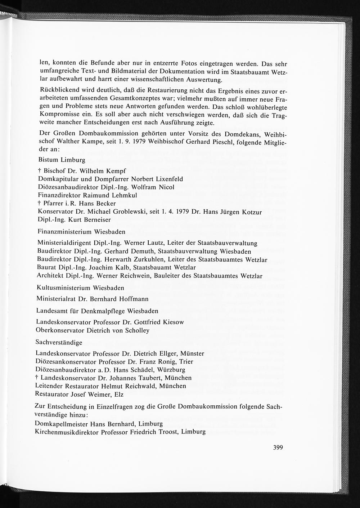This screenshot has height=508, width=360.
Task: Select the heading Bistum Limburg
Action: (x=62, y=160)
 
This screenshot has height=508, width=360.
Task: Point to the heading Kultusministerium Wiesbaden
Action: (x=80, y=288)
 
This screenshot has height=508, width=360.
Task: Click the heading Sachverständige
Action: (x=59, y=342)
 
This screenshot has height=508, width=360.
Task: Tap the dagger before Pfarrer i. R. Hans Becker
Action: (x=39, y=203)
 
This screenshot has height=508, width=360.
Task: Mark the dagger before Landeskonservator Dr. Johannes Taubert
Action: (x=37, y=378)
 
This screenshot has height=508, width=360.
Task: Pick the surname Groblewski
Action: (x=129, y=212)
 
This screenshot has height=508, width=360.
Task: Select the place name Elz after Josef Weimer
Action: (x=119, y=394)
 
